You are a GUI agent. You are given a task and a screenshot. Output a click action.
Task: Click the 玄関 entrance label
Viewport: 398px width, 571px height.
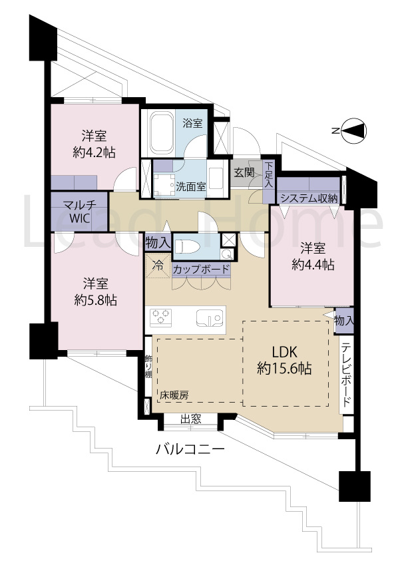(x=244, y=172)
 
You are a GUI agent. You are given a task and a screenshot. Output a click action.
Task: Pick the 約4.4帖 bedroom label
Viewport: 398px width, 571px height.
(x=311, y=256)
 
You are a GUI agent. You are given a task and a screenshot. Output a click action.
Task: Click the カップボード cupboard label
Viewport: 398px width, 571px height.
(x=201, y=270)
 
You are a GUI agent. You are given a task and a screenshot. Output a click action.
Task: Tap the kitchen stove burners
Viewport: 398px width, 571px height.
(x=162, y=317)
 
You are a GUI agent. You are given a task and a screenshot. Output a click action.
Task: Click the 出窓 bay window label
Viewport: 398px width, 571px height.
(x=191, y=419)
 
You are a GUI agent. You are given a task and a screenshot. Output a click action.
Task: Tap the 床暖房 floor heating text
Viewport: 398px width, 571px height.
(x=174, y=395)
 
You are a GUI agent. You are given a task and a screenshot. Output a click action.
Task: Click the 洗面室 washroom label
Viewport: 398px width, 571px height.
(x=190, y=186)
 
